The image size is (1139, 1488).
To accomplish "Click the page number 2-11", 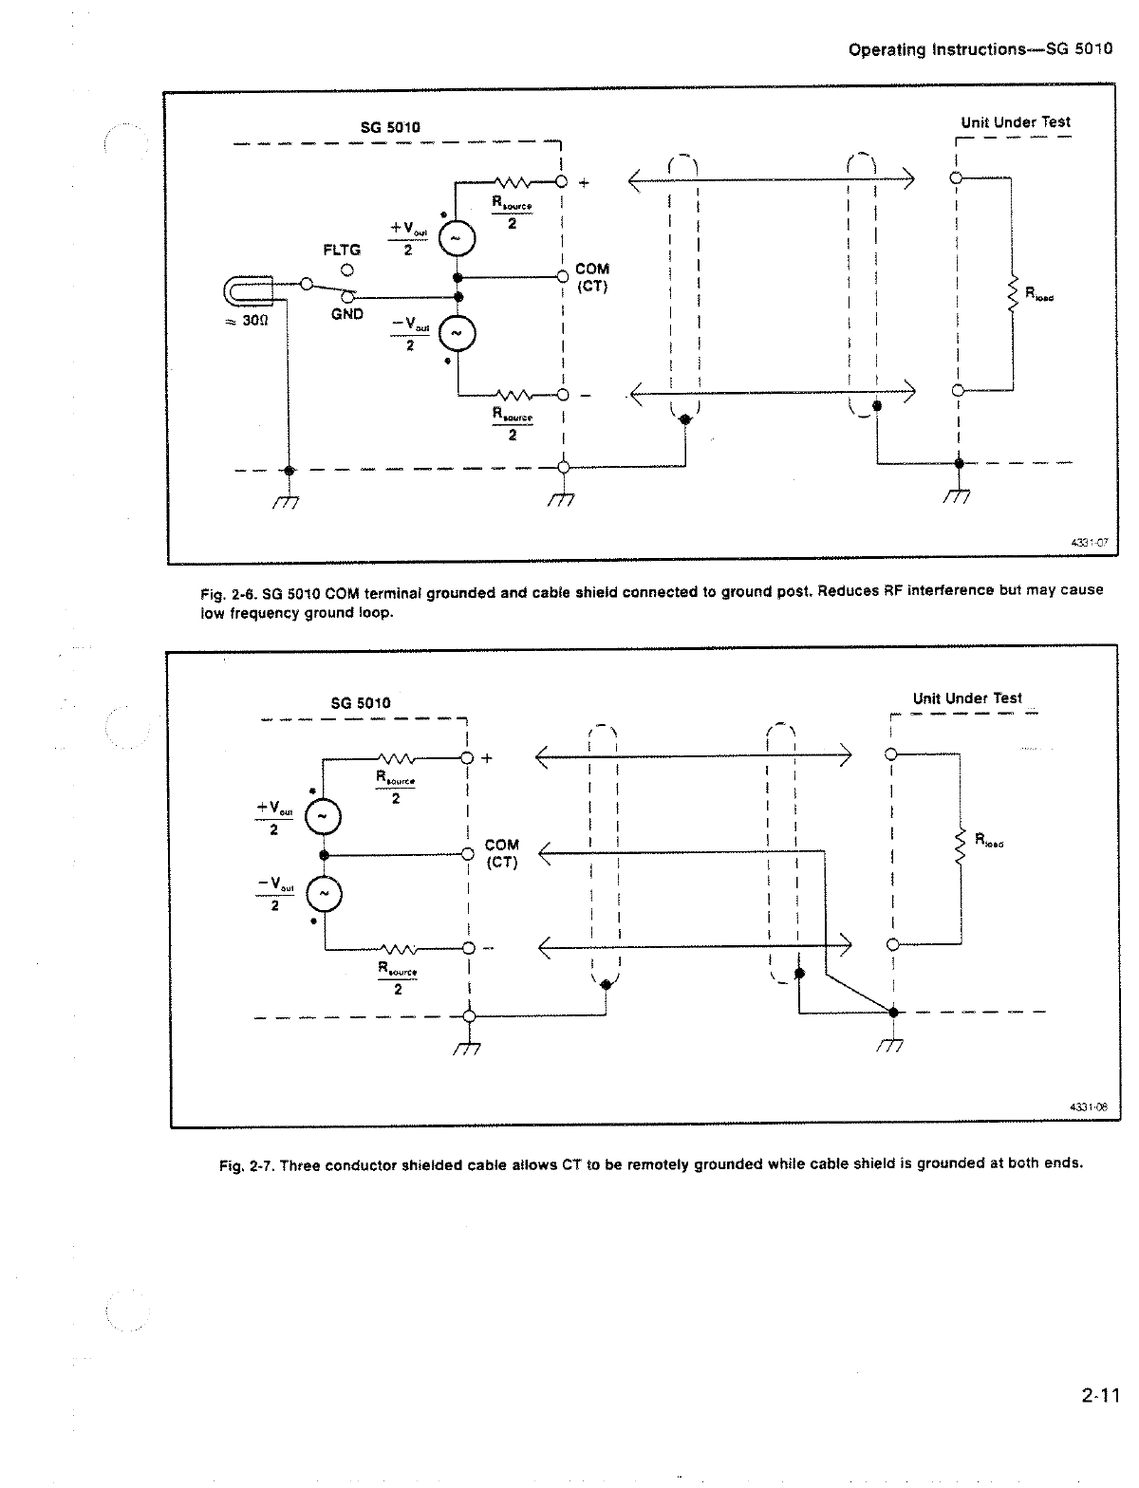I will click(1099, 1395).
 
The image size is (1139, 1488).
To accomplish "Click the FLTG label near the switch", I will click(343, 250).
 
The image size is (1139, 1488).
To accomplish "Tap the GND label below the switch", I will click(347, 314).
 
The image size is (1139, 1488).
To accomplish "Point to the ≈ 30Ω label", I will click(250, 321).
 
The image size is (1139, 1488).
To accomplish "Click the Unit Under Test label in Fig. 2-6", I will click(1015, 122).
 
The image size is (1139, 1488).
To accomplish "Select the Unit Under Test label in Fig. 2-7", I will click(967, 698).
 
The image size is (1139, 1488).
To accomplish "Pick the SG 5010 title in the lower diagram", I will click(360, 703).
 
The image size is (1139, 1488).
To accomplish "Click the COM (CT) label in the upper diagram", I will click(592, 277).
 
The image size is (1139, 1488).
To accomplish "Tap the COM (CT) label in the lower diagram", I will click(501, 853).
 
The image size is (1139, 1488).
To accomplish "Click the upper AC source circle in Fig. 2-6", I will click(453, 239).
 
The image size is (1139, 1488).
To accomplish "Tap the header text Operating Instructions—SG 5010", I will click(980, 49).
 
